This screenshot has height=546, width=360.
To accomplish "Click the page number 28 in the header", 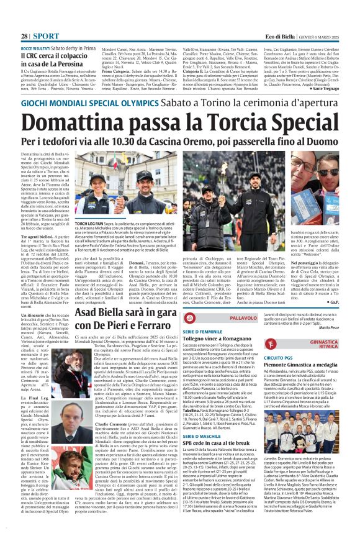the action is click(x=24, y=19).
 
